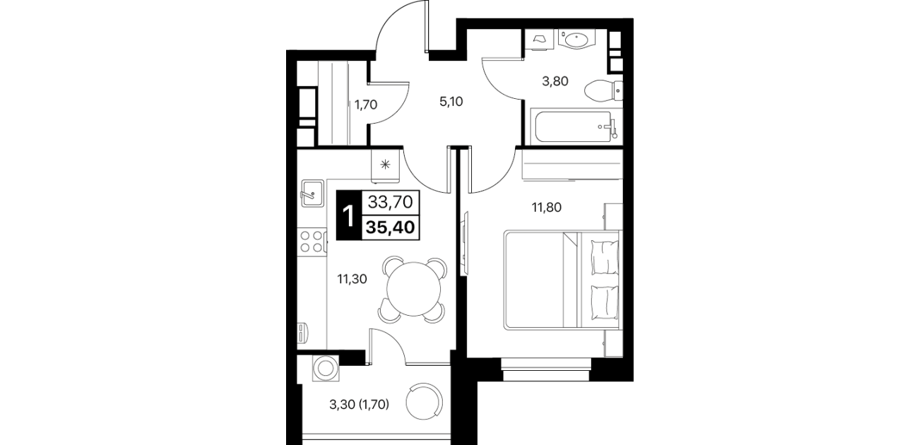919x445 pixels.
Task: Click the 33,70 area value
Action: coord(390,202)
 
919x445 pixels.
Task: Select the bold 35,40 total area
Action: coord(390,227)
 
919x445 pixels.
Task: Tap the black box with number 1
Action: coord(349,215)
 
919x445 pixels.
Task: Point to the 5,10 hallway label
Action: coord(451,101)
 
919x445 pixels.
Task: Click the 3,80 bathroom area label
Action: coord(555,81)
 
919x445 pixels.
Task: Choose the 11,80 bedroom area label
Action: coord(547,208)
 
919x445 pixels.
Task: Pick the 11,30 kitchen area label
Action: coord(352,279)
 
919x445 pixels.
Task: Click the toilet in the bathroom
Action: coord(603,90)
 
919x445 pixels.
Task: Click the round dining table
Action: coord(413,289)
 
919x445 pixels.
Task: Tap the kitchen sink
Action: coord(312,193)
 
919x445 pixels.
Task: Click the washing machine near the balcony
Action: coord(326,368)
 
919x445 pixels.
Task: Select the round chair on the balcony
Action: coord(425,402)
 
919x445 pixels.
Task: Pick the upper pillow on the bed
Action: coord(604,257)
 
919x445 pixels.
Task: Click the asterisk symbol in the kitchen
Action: coord(385,165)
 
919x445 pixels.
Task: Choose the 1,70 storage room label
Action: coord(366,105)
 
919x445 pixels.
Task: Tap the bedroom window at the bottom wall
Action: coord(546,369)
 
